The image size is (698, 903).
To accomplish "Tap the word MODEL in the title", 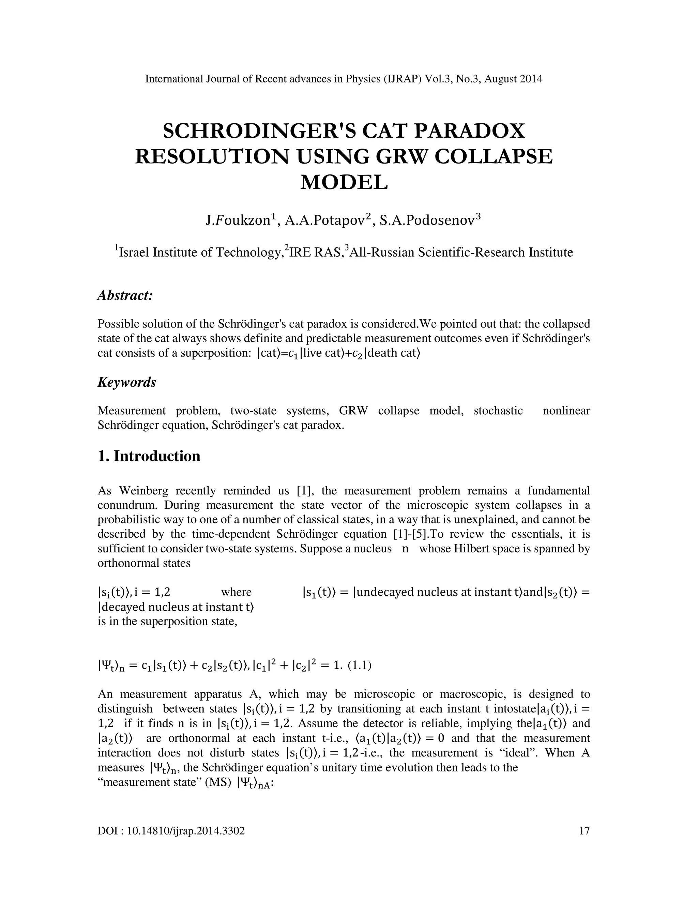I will pyautogui.click(x=344, y=182).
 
